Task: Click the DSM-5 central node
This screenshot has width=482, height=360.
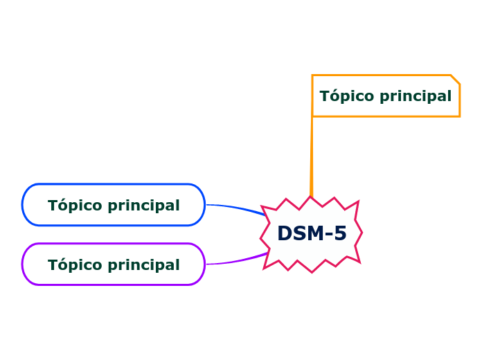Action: (x=311, y=234)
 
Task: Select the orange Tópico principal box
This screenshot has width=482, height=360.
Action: (x=385, y=96)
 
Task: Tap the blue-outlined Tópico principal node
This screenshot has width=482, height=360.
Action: (x=114, y=205)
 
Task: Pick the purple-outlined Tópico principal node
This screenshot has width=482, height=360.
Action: (x=114, y=264)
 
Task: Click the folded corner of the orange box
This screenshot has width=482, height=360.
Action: (x=456, y=79)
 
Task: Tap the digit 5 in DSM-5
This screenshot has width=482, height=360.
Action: (x=339, y=234)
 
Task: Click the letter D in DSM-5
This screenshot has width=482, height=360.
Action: (x=285, y=234)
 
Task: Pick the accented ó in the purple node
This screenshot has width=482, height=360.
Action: (x=61, y=264)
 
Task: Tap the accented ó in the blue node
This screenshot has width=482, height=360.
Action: (x=61, y=205)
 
